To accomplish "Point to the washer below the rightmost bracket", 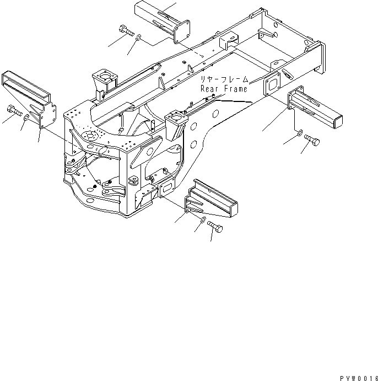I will tap(298, 133).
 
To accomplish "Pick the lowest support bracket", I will tap(212, 200).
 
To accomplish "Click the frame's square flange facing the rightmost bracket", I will tap(273, 86).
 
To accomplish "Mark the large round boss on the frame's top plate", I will tap(88, 135).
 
